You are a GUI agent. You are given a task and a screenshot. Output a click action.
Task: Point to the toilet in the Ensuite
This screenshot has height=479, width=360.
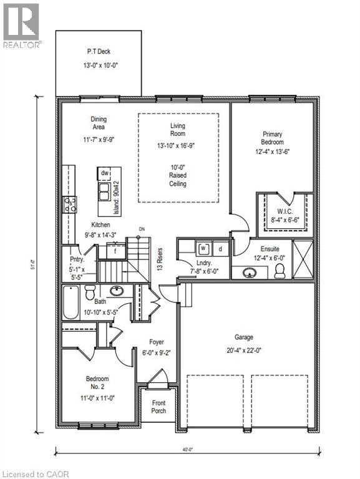pyautogui.click(x=280, y=271)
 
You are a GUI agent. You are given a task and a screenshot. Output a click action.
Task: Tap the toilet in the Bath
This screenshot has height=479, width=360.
pyautogui.click(x=89, y=292)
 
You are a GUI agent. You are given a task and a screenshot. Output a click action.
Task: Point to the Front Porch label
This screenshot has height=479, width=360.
pyautogui.click(x=159, y=407)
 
